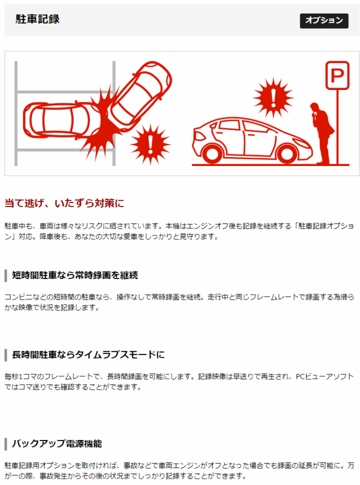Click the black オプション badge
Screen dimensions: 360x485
[x=324, y=21]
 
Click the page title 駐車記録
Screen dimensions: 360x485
[x=38, y=19]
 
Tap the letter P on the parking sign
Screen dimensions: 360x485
[x=337, y=75]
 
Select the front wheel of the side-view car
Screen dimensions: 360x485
[x=286, y=154]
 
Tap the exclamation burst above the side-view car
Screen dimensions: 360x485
[x=273, y=98]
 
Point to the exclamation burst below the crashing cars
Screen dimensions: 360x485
[x=150, y=144]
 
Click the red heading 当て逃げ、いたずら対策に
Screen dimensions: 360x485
[x=64, y=203]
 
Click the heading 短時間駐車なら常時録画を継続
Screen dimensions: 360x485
[x=75, y=275]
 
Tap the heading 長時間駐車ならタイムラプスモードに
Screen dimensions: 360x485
[x=88, y=354]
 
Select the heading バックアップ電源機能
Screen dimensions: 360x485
[x=57, y=443]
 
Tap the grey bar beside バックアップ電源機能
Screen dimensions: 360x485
[x=6, y=444]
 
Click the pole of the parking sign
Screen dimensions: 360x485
[x=337, y=127]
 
